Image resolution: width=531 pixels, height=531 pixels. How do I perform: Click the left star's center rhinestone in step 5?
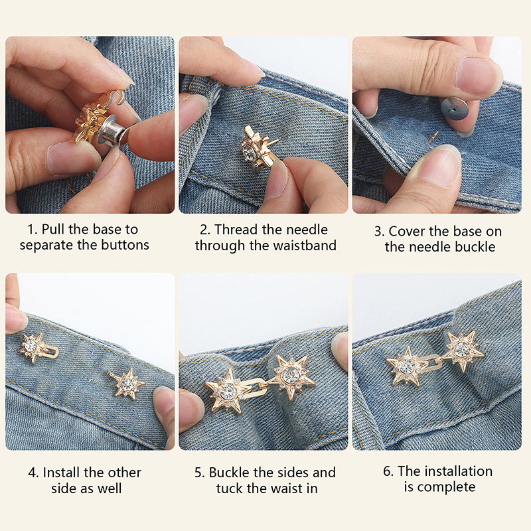pyautogui.click(x=226, y=390)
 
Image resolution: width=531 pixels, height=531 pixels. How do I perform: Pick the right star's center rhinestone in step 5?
pyautogui.click(x=291, y=374)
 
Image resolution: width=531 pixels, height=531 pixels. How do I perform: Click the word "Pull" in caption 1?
pyautogui.click(x=53, y=230)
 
